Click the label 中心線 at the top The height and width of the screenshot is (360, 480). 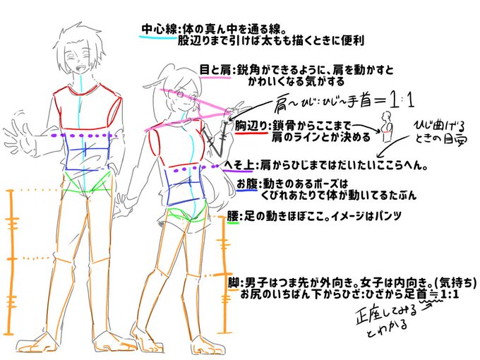(x=160, y=30)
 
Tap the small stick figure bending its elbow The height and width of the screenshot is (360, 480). (x=385, y=126)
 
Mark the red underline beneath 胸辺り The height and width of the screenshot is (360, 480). (x=251, y=133)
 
